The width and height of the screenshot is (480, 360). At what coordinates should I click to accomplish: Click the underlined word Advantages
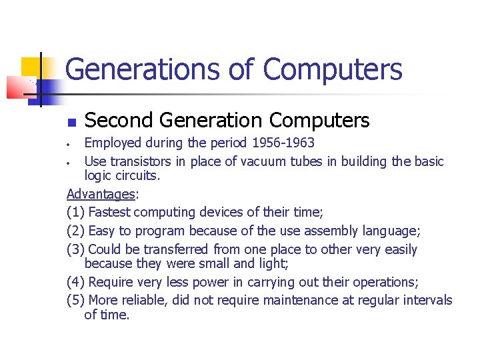[x=100, y=194]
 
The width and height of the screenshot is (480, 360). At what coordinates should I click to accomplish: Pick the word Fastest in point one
[x=113, y=213]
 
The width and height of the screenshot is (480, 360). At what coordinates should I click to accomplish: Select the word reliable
[x=143, y=301]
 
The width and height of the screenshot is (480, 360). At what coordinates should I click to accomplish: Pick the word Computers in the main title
[x=333, y=69]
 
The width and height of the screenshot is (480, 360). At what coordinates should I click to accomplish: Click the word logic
[x=99, y=176]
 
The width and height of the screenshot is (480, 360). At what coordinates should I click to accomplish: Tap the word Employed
[x=113, y=143]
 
